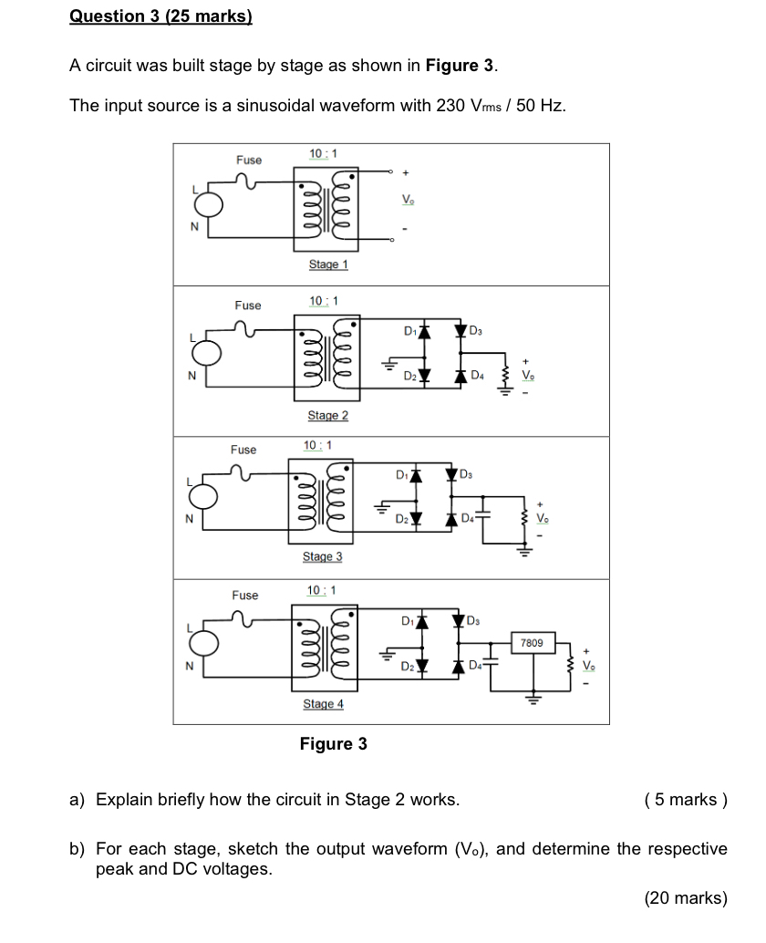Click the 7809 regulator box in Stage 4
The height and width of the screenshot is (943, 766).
(x=532, y=643)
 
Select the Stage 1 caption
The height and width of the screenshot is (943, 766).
(x=328, y=264)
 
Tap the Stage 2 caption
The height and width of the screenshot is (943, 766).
(x=328, y=416)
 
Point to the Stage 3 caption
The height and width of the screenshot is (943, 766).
(x=323, y=557)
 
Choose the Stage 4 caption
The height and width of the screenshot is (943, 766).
(x=323, y=705)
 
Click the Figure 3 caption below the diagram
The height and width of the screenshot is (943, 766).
(x=333, y=744)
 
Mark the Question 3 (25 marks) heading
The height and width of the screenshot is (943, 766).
(x=160, y=16)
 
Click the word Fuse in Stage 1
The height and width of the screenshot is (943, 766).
(x=249, y=161)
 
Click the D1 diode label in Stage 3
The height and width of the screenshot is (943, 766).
(x=402, y=474)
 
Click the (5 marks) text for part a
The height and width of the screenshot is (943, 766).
(x=685, y=801)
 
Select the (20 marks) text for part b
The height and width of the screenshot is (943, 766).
(x=685, y=898)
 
